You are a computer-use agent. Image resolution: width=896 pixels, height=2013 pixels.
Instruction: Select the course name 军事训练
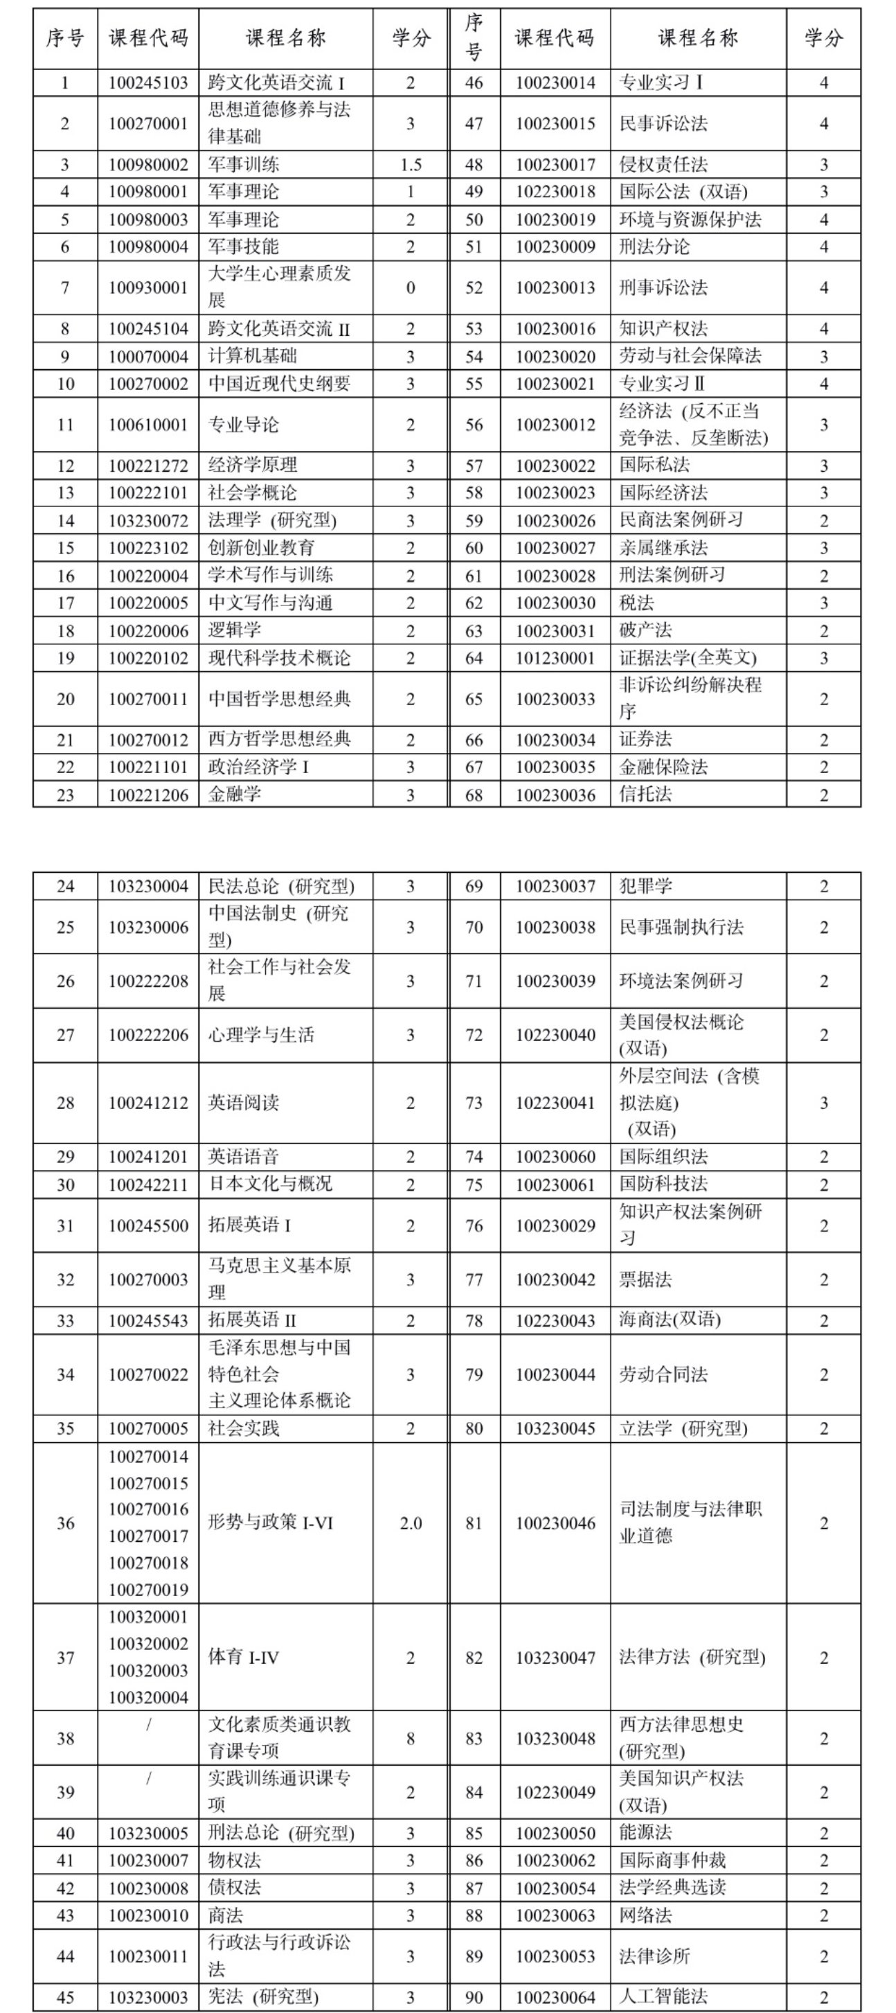click(x=243, y=165)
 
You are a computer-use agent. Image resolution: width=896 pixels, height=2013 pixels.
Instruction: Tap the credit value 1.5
click(x=410, y=165)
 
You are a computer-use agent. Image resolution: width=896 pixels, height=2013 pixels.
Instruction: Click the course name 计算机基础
click(x=252, y=356)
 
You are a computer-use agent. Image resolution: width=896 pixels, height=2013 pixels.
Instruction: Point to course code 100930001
click(x=147, y=288)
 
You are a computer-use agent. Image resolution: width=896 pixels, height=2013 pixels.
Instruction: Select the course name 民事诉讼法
click(x=663, y=123)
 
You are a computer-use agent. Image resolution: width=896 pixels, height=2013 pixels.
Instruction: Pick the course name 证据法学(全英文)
click(x=688, y=658)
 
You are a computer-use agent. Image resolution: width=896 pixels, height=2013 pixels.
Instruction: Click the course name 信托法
click(x=645, y=795)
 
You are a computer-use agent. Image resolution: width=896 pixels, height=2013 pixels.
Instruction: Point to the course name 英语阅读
click(x=243, y=1103)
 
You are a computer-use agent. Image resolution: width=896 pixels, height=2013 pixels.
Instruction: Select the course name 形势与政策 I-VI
click(x=270, y=1523)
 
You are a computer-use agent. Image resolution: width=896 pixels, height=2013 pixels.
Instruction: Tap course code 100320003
click(x=147, y=1671)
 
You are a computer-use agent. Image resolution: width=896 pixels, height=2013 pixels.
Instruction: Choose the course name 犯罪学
click(x=645, y=886)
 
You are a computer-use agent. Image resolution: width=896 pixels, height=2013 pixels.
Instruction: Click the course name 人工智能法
click(x=663, y=1996)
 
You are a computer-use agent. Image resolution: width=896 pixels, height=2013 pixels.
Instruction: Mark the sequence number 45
click(x=65, y=1996)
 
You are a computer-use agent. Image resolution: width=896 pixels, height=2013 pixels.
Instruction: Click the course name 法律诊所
click(x=654, y=1956)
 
